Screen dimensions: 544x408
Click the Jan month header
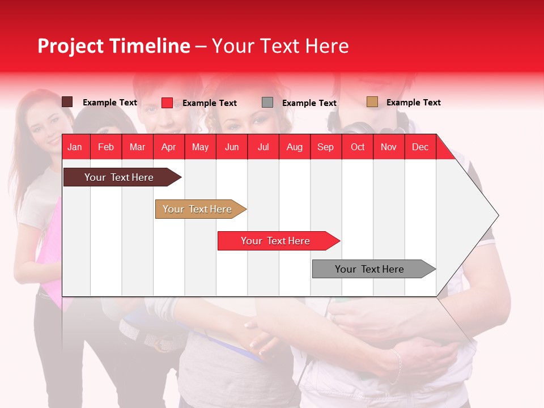(75, 147)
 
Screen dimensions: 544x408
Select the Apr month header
(169, 147)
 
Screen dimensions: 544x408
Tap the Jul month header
(263, 147)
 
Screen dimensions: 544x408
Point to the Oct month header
(358, 147)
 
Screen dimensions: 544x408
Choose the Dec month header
(420, 147)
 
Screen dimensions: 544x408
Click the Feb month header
(106, 147)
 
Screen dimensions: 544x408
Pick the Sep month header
(325, 147)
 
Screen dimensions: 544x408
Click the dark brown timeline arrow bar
(122, 177)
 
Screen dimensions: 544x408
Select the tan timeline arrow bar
(201, 209)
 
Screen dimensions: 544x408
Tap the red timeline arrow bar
(279, 241)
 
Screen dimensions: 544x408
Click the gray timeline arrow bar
(374, 269)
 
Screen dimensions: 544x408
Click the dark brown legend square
(67, 102)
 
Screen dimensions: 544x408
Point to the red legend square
(167, 103)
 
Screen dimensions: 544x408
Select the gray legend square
(267, 103)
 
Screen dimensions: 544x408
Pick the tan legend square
(372, 102)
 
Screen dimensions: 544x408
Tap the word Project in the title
(70, 46)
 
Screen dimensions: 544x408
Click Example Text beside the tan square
(414, 103)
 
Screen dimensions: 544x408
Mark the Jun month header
(232, 147)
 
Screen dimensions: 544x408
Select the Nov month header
(389, 147)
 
